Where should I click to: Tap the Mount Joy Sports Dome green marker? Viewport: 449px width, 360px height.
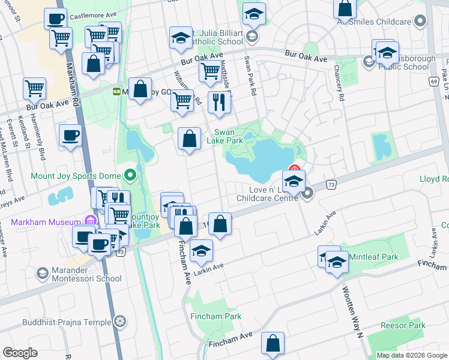pyautogui.click(x=130, y=176)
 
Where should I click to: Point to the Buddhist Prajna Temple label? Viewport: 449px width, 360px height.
pyautogui.click(x=67, y=322)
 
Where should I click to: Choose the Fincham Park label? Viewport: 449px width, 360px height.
pyautogui.click(x=216, y=316)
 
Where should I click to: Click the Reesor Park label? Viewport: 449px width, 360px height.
pyautogui.click(x=403, y=326)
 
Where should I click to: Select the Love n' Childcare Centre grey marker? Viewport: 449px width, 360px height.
pyautogui.click(x=308, y=193)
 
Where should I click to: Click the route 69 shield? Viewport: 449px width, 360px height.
pyautogui.click(x=433, y=81)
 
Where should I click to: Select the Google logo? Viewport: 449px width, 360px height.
pyautogui.click(x=20, y=353)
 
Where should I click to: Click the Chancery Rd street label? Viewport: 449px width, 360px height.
pyautogui.click(x=340, y=88)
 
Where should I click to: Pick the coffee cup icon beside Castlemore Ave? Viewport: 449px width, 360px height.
pyautogui.click(x=55, y=19)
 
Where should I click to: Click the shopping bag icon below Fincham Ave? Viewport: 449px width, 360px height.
pyautogui.click(x=273, y=344)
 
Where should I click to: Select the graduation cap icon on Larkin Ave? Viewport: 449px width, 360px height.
pyautogui.click(x=201, y=251)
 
